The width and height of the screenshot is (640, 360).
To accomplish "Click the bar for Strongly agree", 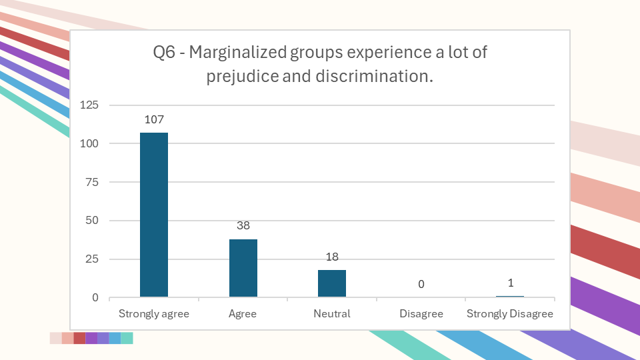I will coord(154,215).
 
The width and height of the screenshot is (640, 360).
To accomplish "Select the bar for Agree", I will coord(243,268).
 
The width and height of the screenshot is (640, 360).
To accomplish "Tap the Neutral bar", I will coord(332,283).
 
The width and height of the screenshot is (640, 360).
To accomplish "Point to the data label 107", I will coord(154,119).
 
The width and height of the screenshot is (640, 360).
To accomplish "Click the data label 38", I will coord(243,225).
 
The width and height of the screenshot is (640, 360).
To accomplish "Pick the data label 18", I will coord(332,257).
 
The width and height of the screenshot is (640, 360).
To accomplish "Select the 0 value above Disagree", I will coord(421,285).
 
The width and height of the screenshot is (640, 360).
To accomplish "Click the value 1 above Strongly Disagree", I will coord(510,283).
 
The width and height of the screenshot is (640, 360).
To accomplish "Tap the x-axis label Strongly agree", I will coord(154,313).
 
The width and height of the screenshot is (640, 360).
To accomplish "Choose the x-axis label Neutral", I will coord(332,313).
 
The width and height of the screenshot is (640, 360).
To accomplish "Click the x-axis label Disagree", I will coord(421,313).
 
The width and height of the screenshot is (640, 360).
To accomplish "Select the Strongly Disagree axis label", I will coord(510,313).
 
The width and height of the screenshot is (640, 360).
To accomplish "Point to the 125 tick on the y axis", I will coord(89,105).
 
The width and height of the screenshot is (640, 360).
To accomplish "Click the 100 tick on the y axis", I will coord(89,143).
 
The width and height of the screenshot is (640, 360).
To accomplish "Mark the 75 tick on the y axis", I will coord(92,182).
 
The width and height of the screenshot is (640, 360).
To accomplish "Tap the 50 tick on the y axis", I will coord(92,221).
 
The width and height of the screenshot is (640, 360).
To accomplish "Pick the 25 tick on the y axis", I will coord(92,259).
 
